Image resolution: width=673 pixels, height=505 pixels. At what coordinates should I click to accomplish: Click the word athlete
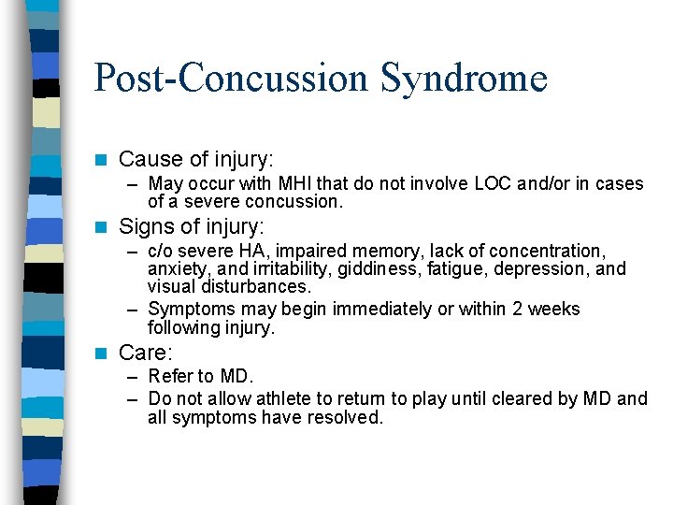[x=281, y=398]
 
